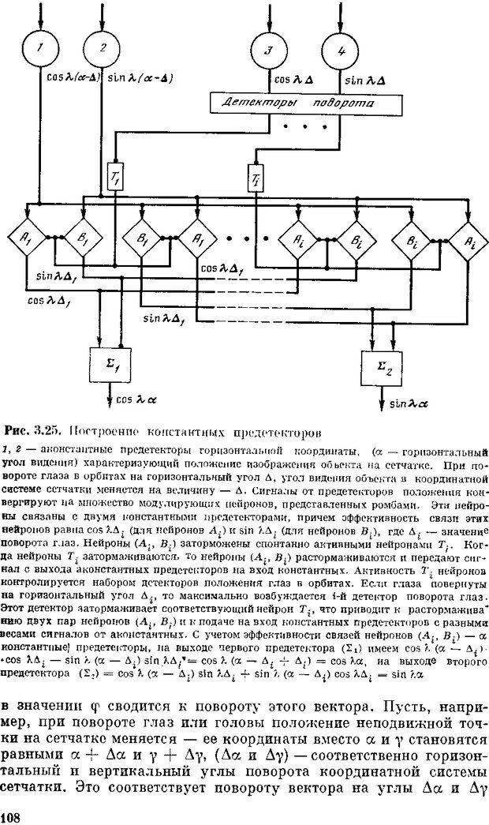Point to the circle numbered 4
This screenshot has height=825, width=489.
click(342, 52)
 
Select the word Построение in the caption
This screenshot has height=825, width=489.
click(95, 433)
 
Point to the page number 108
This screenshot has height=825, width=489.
click(11, 815)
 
